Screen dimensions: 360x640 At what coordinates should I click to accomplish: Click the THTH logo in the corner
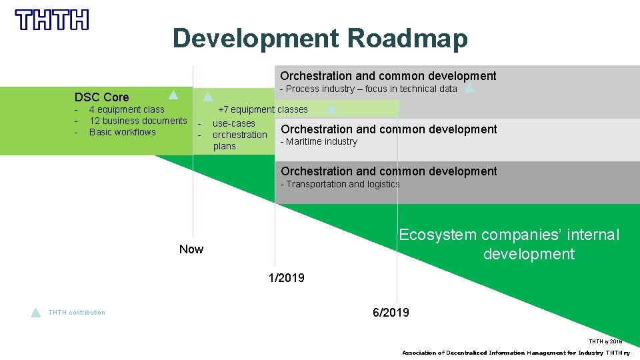pos(52,20)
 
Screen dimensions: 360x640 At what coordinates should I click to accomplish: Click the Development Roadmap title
pos(320,39)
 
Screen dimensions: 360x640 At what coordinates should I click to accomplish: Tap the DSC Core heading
pos(101,97)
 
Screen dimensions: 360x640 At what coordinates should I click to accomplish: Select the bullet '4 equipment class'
pos(126,109)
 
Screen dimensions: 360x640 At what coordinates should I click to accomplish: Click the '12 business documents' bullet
pos(138,121)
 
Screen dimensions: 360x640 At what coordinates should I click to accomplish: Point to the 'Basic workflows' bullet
pos(122,132)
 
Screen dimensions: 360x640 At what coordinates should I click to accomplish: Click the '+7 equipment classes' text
pos(263,109)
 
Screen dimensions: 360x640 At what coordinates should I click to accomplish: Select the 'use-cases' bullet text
pos(233,123)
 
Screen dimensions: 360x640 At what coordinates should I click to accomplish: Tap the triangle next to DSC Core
pos(173,94)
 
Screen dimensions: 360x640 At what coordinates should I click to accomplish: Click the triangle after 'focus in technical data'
pos(469,88)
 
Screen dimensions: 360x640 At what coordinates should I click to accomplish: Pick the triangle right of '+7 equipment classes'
pos(331,109)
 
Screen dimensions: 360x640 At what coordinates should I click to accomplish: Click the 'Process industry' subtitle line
pos(369,89)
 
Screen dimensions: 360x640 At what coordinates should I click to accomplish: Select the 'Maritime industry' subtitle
pos(319,141)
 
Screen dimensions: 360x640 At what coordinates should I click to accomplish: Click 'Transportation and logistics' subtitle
pos(340,184)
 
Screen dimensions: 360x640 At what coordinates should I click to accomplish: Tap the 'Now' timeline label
pos(191,249)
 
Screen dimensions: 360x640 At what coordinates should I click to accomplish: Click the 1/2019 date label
pos(286,278)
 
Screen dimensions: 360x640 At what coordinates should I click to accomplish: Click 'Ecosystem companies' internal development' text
pos(509,244)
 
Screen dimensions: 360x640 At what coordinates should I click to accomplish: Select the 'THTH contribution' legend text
pos(77,313)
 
